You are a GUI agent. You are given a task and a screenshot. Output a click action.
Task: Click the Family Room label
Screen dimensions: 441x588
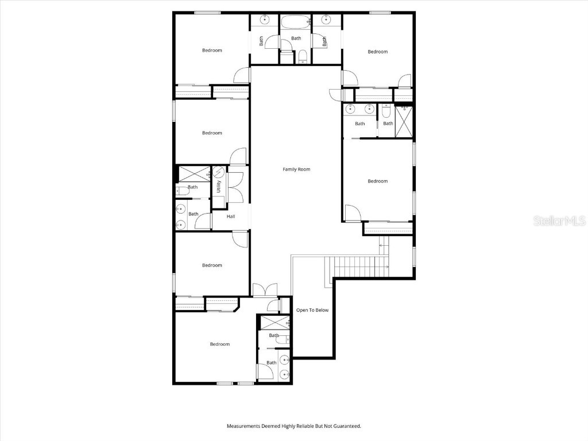[x=296, y=169]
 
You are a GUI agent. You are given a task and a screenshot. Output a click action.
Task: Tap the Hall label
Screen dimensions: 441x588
[x=231, y=216]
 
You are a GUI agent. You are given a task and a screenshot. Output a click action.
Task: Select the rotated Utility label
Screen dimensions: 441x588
[x=219, y=187]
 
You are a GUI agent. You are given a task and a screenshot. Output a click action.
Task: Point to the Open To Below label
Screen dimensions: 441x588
[x=312, y=310]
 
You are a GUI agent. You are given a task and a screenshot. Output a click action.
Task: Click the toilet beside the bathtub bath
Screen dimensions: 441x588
[x=302, y=56]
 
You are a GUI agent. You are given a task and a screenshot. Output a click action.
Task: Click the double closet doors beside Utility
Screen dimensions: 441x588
[x=235, y=187]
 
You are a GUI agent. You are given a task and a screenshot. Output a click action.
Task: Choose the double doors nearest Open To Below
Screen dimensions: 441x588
[x=265, y=290]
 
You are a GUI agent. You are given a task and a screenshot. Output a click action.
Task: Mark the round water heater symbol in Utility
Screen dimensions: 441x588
[x=218, y=171]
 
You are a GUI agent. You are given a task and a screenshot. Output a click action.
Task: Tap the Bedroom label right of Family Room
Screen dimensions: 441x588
[x=377, y=181]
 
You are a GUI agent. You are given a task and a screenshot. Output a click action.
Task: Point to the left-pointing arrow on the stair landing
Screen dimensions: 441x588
[x=381, y=246]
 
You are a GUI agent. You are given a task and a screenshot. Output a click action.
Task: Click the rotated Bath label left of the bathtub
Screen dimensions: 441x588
[x=261, y=41]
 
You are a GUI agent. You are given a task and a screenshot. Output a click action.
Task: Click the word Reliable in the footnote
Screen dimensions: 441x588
[x=304, y=426]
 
